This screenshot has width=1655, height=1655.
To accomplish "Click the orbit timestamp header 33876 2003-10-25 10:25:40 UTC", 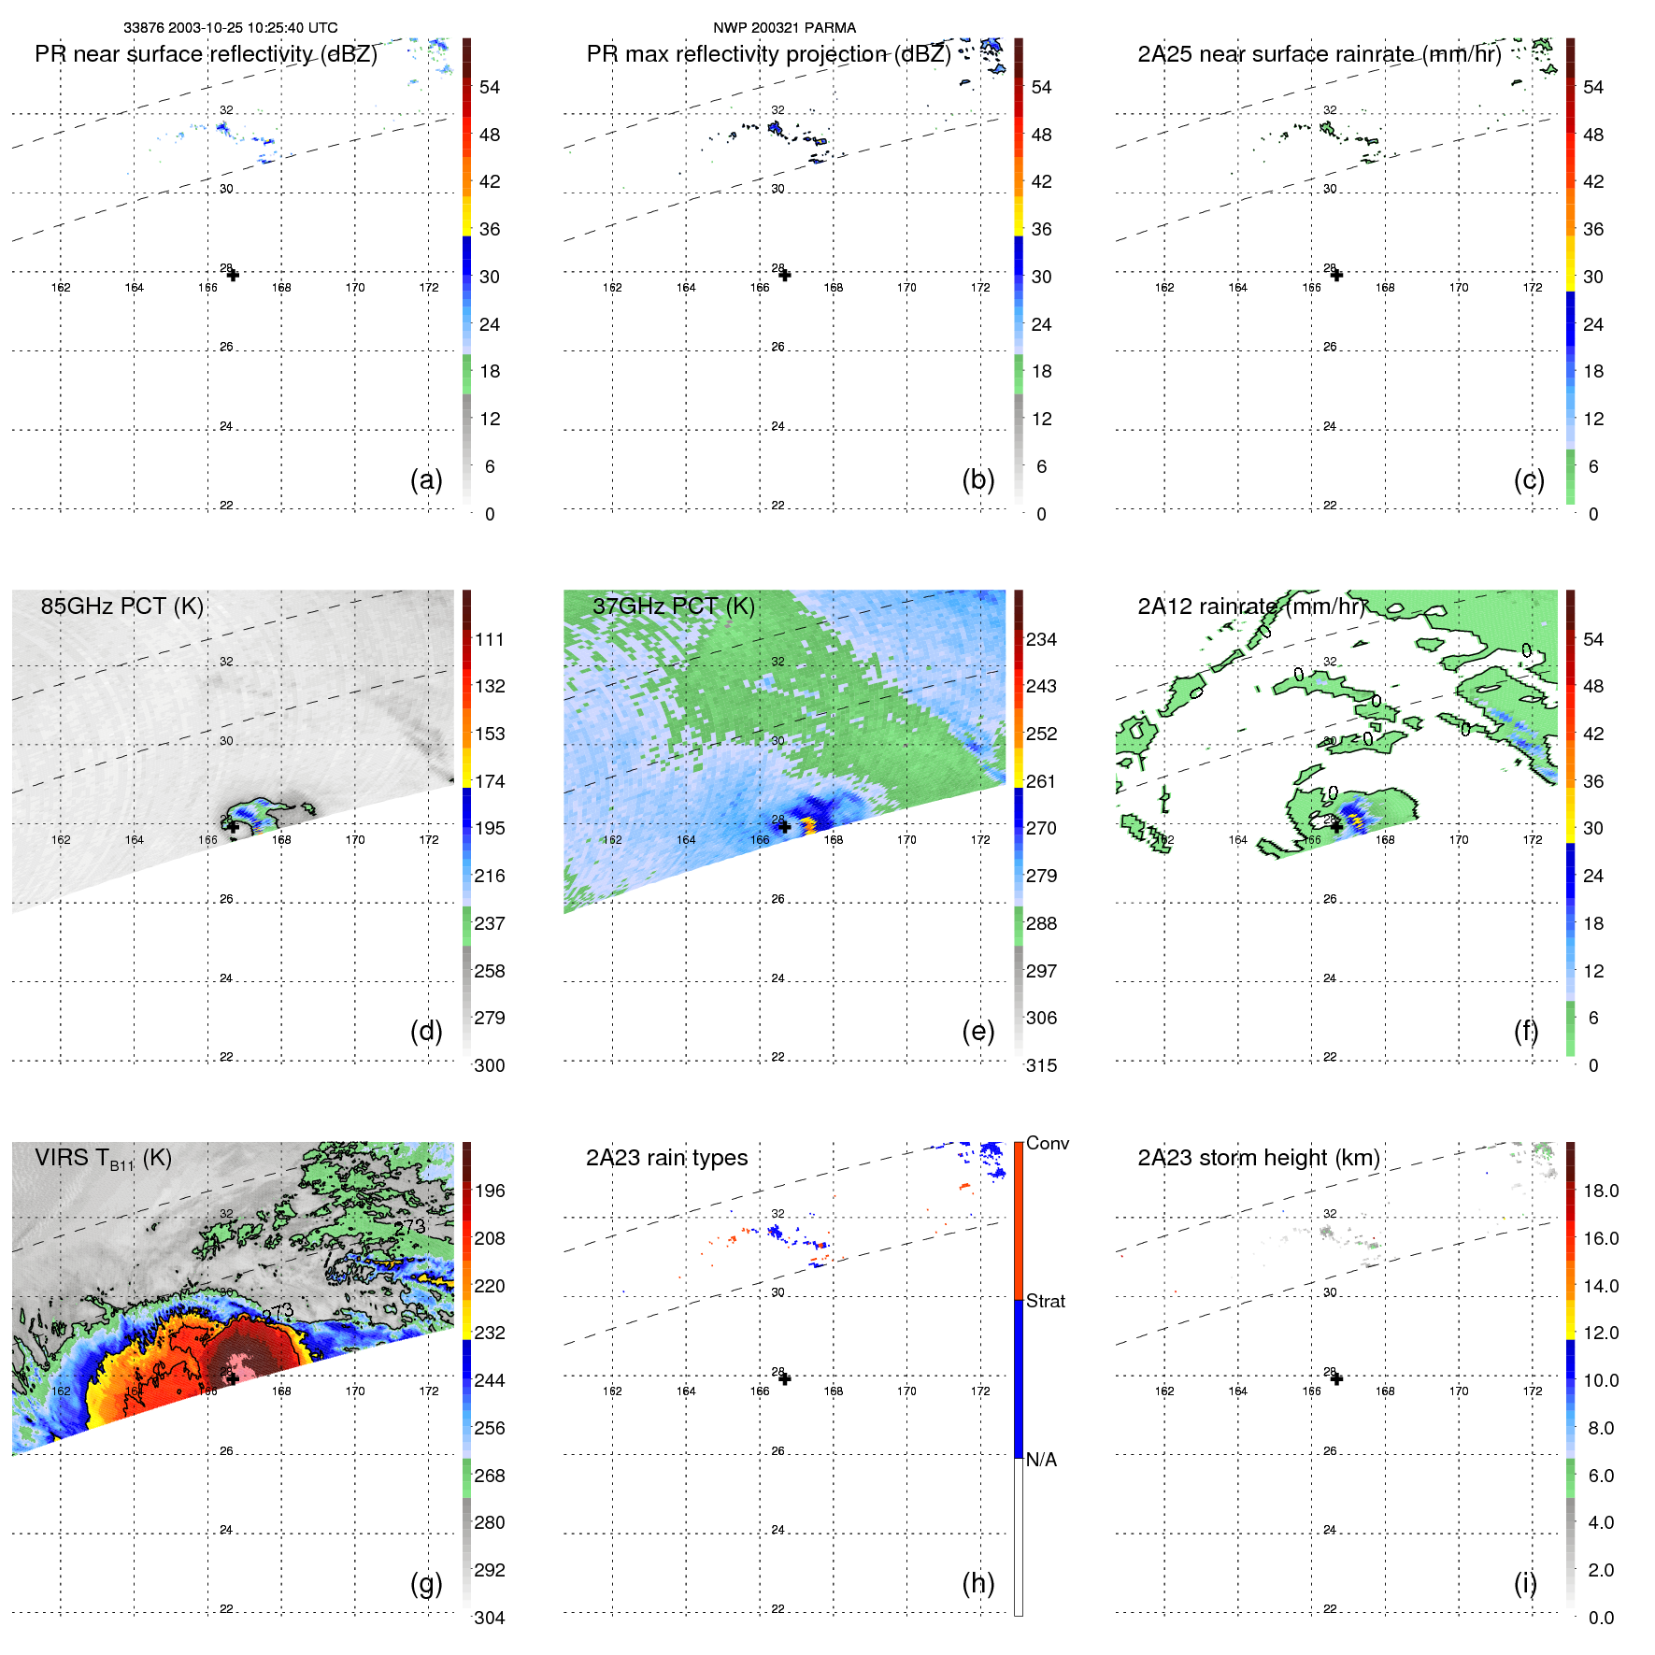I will coord(230,28).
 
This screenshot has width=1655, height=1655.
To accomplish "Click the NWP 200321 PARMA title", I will coord(784,28).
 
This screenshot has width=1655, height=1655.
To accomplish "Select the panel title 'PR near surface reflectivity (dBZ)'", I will coord(206,54).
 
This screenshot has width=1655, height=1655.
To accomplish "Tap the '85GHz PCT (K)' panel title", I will coord(121,606).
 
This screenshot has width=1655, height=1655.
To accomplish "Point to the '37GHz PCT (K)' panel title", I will coord(673,606).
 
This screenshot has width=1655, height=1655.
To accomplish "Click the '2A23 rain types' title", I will coord(666,1158).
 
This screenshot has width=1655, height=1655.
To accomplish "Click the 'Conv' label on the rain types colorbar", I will coord(1047,1143).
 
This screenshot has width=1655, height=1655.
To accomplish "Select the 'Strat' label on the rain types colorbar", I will coord(1045,1301).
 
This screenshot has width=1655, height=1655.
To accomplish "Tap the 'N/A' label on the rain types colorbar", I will coord(1041,1460).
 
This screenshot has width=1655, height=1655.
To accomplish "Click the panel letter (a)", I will coord(426,479).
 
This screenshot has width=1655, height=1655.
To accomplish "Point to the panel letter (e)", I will coord(977,1031).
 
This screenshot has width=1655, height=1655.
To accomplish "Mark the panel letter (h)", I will coord(977,1583).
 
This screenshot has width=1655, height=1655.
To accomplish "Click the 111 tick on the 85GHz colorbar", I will coord(489,639).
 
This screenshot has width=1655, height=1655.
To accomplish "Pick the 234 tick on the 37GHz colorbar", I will coord(1041,639).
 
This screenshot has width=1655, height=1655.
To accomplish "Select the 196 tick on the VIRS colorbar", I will coord(489,1191).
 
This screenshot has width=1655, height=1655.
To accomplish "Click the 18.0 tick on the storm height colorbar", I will coord(1600,1191).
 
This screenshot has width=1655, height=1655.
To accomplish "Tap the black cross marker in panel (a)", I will coord(233,275).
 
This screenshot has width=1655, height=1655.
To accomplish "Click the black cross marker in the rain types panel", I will coord(785,1378).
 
